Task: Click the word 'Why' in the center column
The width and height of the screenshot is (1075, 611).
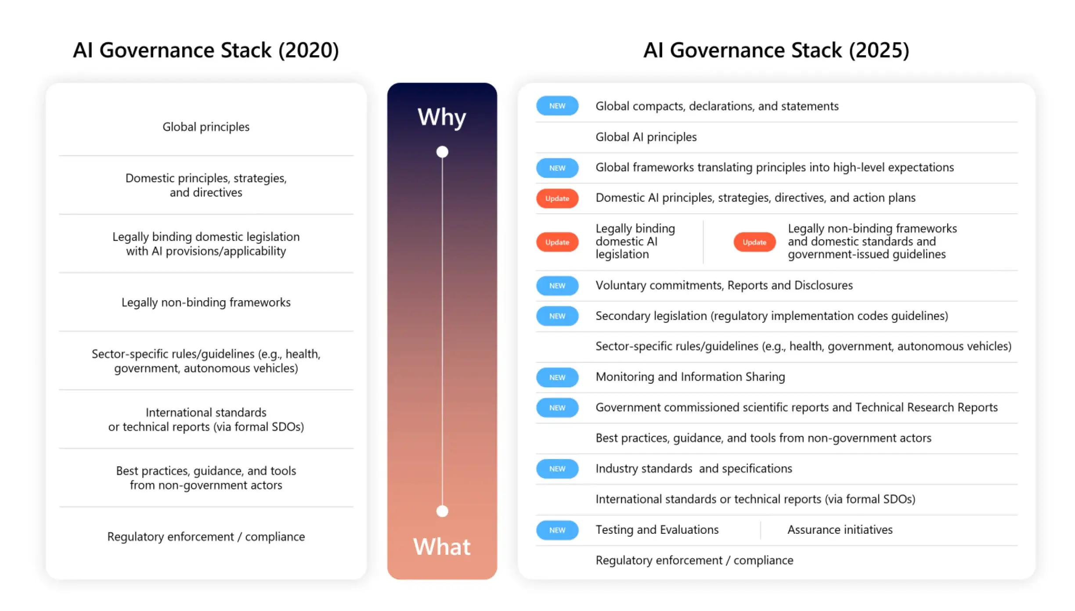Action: pos(442,117)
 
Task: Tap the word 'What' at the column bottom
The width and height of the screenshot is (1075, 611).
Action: pos(442,546)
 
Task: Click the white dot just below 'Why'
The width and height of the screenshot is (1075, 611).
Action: pos(442,152)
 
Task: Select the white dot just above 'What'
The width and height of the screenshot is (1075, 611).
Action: pos(442,511)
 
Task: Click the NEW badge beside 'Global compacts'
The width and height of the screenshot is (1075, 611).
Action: pos(557,106)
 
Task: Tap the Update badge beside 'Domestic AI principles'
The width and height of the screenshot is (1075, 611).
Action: pos(557,198)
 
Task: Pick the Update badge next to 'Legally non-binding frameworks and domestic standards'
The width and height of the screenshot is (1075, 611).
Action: pos(754,242)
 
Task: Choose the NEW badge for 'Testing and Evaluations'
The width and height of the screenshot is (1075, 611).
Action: pos(557,530)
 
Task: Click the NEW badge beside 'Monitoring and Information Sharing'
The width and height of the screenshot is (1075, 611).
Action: pos(557,377)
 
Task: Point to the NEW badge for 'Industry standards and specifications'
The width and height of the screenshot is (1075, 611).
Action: pos(557,468)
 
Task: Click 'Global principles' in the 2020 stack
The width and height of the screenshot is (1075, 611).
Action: pos(206,127)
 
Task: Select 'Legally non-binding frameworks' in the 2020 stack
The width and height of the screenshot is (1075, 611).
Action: pos(206,302)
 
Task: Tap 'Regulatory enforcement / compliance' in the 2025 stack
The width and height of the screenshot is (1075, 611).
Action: pos(694,561)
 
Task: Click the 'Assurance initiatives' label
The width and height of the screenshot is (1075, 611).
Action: pos(840,530)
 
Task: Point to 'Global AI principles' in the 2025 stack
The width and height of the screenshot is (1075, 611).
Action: pos(646,137)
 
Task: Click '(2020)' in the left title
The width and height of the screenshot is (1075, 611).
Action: pos(309,50)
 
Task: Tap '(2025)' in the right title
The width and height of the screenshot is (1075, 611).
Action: pos(879,50)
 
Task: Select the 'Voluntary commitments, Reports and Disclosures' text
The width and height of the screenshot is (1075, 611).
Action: pos(724,285)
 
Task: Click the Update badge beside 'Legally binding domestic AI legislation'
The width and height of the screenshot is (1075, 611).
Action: pos(557,242)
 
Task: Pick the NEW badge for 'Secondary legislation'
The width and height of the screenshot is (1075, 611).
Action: pos(557,316)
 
